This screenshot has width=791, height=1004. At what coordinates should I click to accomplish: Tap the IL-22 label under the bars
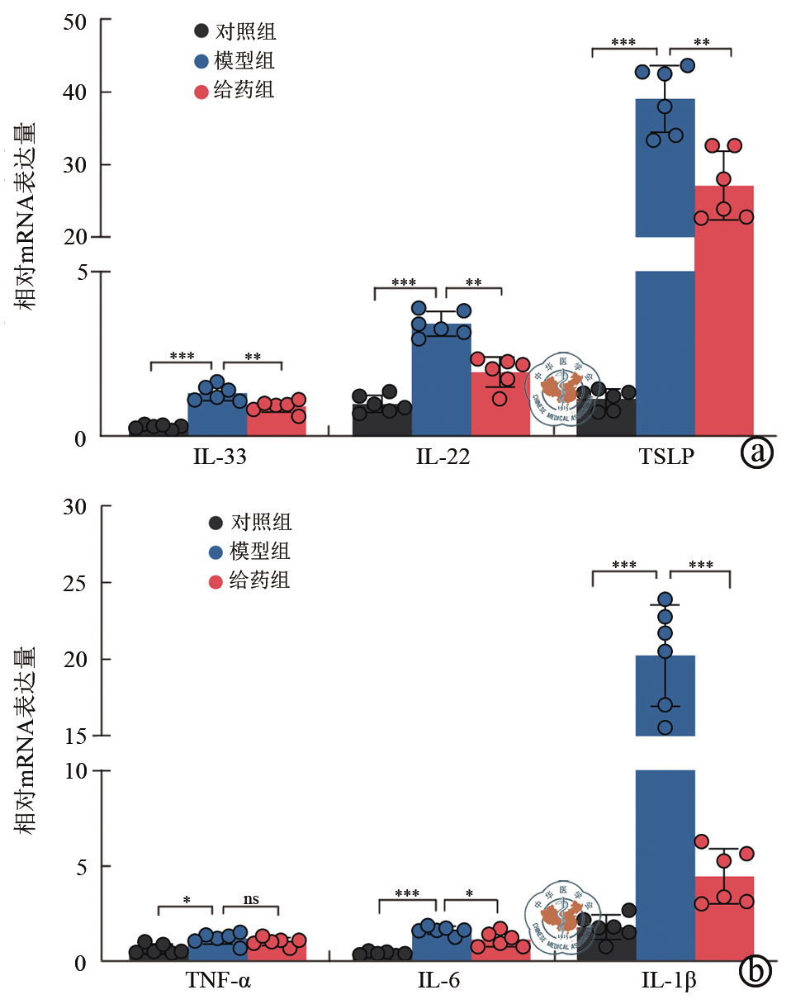coord(443,457)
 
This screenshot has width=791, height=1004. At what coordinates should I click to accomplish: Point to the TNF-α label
coord(217,983)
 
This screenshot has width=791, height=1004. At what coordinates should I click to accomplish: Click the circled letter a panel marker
coord(756,452)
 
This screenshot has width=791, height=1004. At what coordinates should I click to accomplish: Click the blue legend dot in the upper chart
coord(201,61)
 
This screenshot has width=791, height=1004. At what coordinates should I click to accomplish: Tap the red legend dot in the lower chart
coord(216,581)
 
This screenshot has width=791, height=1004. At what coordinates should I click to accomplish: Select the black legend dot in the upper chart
coord(201,32)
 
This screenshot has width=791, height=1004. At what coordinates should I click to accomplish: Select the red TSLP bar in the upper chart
coord(724,330)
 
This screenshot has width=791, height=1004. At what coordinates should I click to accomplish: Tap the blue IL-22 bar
coord(441,380)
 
